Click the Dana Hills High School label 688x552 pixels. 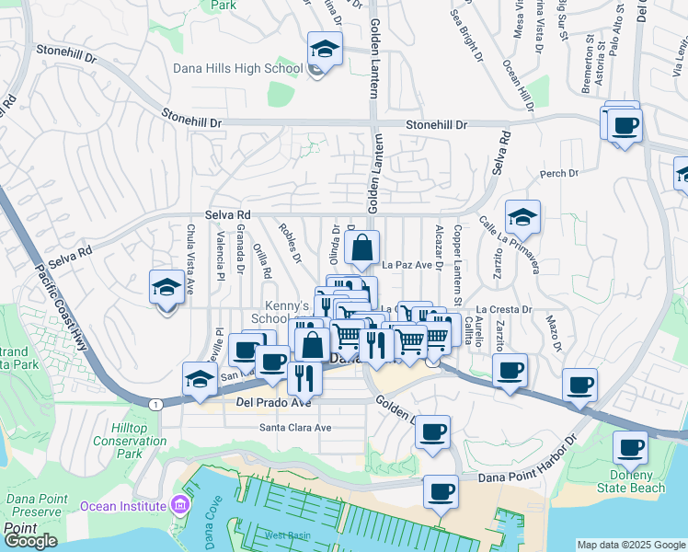237,68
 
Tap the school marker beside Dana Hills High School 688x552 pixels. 325,50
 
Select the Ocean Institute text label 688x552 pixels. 124,505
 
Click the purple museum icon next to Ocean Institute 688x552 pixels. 179,505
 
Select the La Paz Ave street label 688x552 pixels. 407,265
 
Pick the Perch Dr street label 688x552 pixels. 559,173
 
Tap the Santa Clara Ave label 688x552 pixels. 294,428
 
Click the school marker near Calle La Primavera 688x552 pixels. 522,218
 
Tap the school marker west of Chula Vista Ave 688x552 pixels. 166,287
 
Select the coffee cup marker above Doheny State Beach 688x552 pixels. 630,448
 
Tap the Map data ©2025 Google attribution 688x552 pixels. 631,545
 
